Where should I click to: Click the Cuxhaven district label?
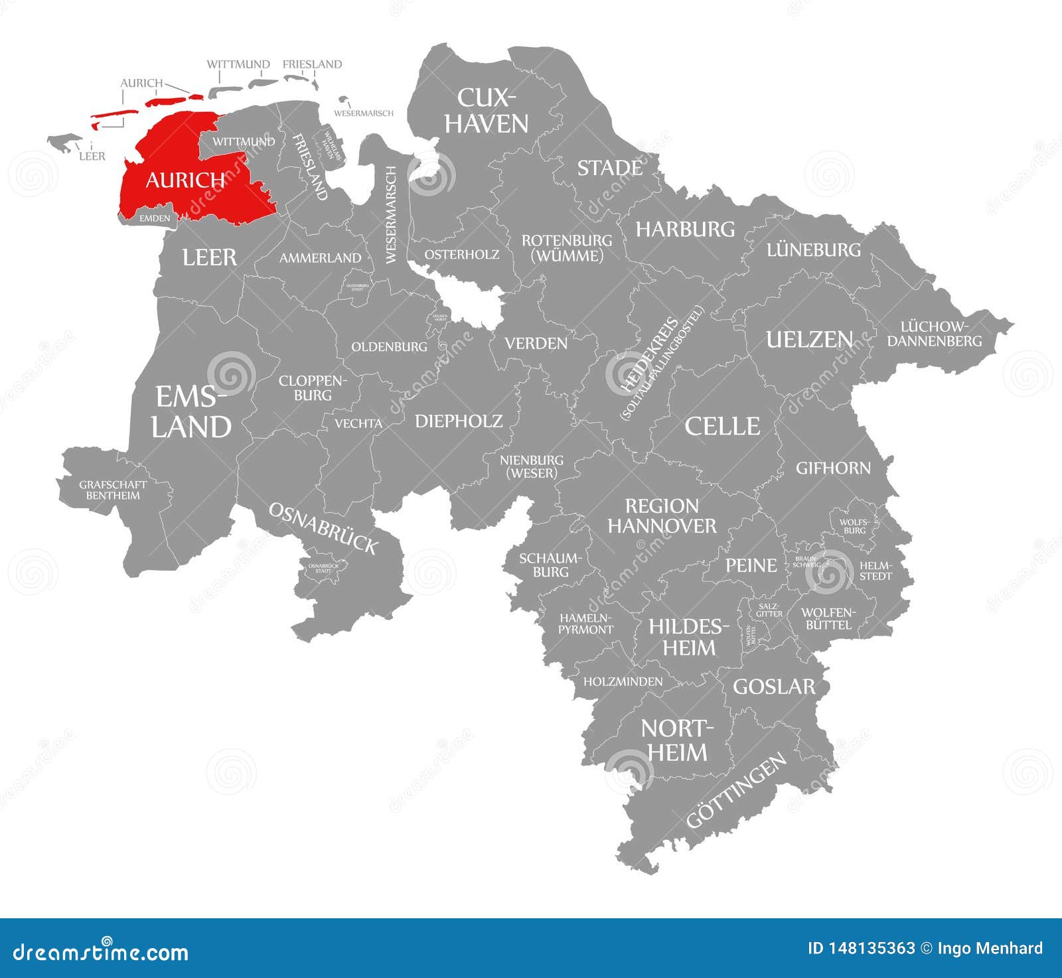486,110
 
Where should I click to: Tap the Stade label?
609,168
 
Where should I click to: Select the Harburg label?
685,229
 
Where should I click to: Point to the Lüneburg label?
813,249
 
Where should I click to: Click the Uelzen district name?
809,339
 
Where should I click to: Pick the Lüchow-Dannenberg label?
934,334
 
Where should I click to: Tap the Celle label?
722,426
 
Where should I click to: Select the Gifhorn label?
833,468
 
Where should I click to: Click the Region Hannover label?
662,516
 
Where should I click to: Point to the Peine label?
751,565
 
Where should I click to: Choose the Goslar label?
773,686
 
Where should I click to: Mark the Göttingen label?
736,791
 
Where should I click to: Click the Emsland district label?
191,412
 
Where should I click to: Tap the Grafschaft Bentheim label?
113,490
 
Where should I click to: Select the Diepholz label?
459,421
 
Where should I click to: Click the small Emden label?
155,218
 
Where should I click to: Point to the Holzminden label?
623,681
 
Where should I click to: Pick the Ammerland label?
320,257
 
